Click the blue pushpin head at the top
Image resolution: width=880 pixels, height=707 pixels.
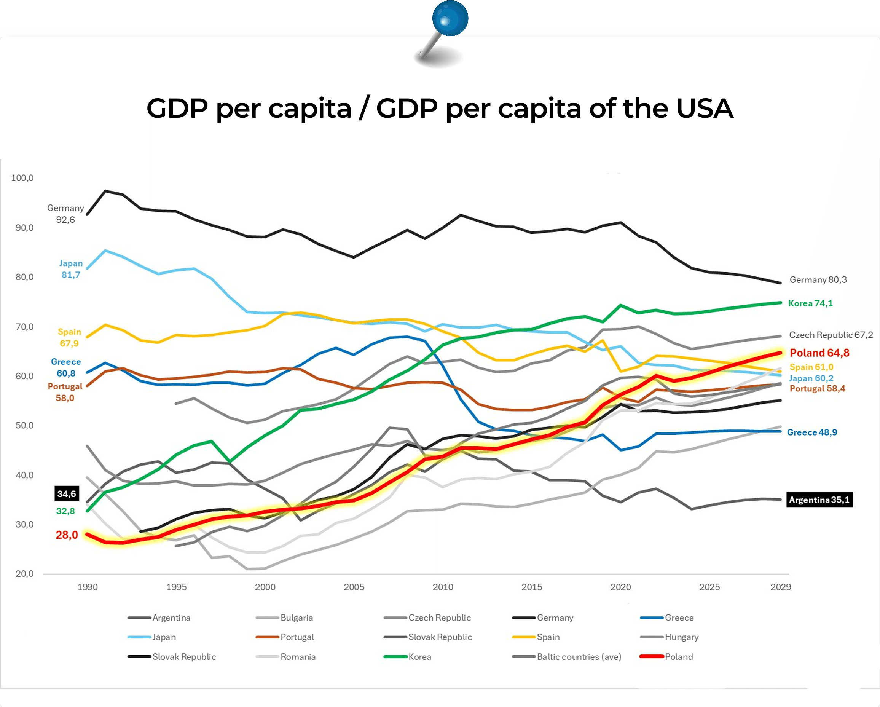450,18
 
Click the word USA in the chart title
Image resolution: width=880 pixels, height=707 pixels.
705,109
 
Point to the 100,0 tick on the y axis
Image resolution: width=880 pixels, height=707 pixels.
22,178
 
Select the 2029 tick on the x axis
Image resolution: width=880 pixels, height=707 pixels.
780,587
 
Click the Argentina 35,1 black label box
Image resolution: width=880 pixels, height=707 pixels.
819,500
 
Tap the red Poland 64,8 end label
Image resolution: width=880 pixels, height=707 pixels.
819,353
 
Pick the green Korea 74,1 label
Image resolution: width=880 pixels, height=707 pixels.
810,303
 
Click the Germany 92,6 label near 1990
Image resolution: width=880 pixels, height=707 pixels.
65,214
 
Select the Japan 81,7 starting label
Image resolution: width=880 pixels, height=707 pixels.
71,269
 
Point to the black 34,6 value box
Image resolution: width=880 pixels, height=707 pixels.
67,494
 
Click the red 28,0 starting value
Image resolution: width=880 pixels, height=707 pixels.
67,535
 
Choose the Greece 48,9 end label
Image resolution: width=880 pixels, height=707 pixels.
811,432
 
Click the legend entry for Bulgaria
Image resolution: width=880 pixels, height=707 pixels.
297,618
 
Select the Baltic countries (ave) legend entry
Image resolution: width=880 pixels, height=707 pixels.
579,657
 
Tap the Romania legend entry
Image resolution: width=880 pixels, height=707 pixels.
298,657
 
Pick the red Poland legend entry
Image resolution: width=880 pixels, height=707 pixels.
678,657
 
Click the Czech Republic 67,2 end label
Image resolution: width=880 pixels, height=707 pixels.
831,335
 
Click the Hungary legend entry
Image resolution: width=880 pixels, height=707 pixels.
681,637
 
